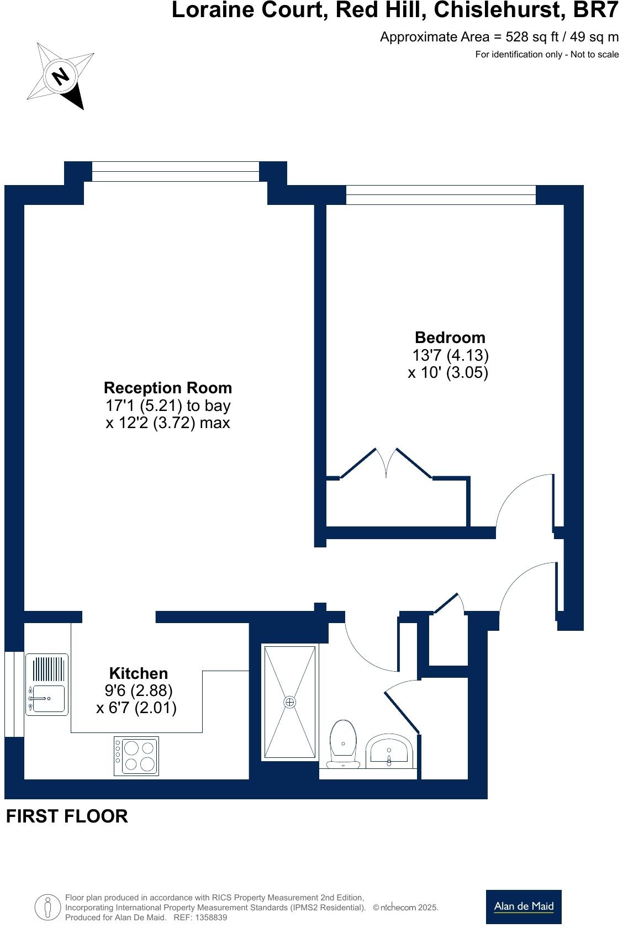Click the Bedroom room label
[450, 338]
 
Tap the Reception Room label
[168, 388]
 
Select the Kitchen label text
[138, 673]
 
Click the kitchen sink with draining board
[47, 684]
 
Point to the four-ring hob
[136, 756]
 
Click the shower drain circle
[290, 702]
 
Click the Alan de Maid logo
[524, 906]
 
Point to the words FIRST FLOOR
[67, 816]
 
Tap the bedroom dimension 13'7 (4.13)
[450, 355]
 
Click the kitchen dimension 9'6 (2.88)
[138, 690]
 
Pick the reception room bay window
[175, 171]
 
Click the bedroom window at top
[440, 195]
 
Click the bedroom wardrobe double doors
[386, 463]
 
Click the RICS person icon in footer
[47, 906]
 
